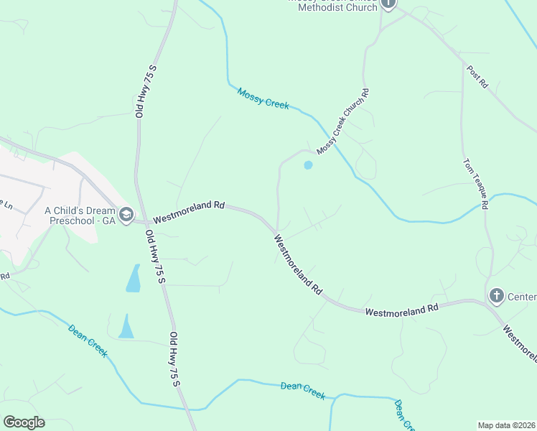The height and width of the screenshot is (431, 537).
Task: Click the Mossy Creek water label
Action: (263, 98)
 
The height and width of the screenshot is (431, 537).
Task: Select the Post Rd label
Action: (477, 77)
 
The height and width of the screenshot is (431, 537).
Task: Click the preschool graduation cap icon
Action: (126, 215)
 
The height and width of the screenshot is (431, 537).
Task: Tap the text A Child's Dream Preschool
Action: (80, 215)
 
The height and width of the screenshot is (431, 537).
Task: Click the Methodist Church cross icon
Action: (388, 4)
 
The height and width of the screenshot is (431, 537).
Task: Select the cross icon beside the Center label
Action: (496, 295)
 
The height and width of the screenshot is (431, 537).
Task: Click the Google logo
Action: (24, 422)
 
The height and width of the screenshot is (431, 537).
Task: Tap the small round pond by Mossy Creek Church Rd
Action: (308, 165)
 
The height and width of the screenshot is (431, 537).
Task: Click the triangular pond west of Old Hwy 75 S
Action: (126, 327)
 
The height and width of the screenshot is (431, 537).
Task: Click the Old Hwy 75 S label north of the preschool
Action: (145, 91)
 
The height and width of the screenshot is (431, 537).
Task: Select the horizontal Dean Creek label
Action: (303, 391)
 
